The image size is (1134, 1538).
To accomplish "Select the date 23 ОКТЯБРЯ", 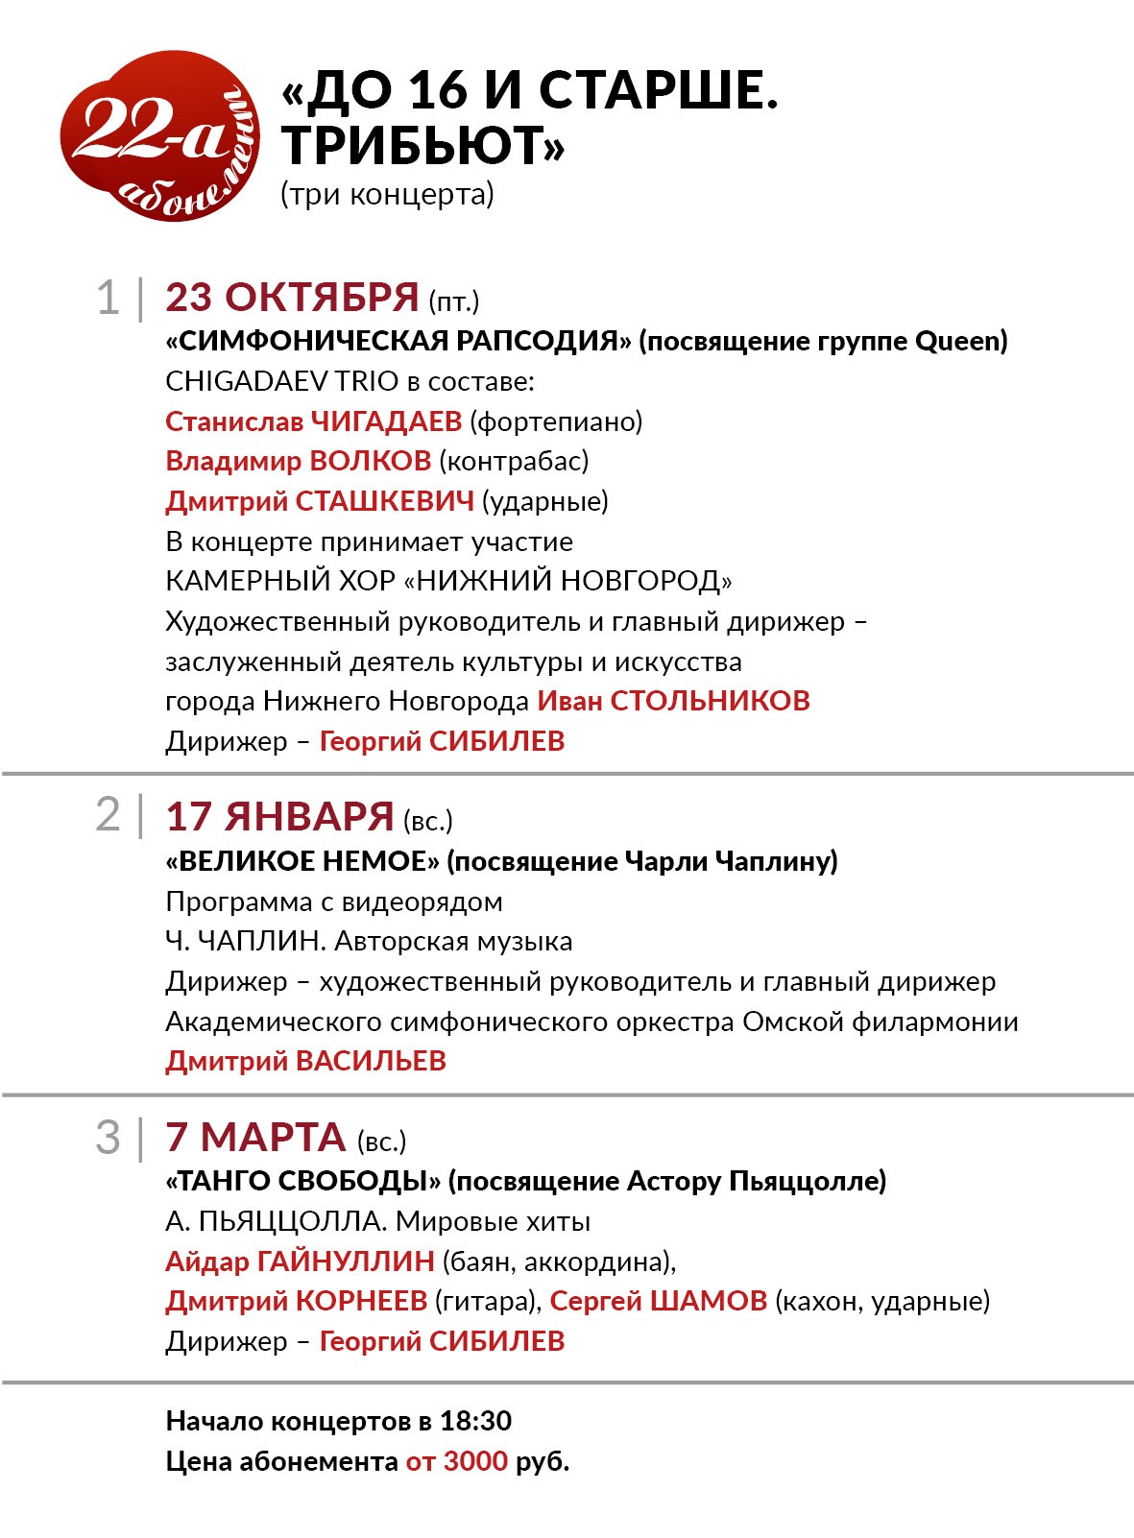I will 292,298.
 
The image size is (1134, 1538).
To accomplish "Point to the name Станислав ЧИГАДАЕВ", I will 313,421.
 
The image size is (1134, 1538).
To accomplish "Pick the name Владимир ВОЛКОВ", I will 298,461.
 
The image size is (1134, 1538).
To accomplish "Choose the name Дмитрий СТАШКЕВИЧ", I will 320,501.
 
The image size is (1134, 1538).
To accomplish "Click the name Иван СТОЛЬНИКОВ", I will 673,701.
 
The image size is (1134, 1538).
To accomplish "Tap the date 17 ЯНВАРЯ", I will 279,817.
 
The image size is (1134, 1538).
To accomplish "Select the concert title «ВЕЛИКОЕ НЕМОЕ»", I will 302,861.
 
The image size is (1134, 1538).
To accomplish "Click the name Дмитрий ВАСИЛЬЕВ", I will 305,1061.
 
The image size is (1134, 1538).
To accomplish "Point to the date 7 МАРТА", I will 255,1138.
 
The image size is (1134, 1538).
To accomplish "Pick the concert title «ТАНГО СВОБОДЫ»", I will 303,1181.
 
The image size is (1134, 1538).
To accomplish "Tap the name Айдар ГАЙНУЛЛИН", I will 300,1262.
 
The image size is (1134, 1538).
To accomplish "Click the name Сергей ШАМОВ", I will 659,1301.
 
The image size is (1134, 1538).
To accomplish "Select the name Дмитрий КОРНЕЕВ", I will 296,1301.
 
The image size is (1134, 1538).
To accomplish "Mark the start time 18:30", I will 475,1421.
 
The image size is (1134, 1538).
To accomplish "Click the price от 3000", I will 456,1461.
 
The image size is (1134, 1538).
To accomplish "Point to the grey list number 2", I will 108,815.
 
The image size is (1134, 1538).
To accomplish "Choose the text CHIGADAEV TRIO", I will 281,381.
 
